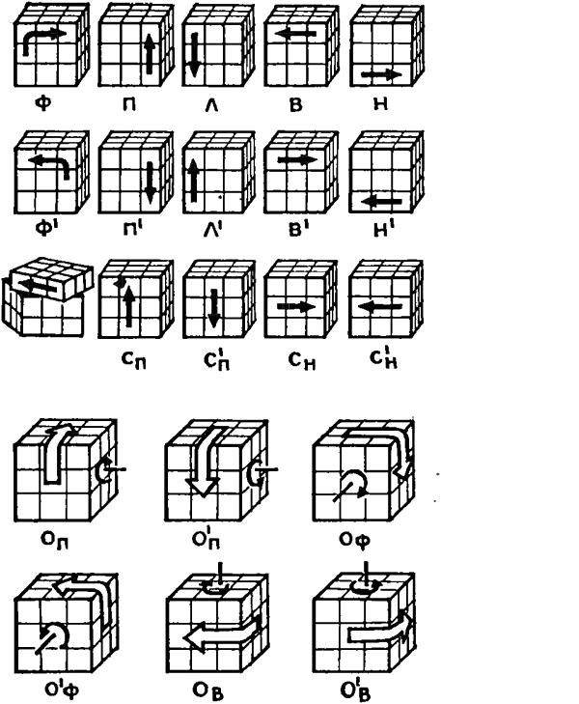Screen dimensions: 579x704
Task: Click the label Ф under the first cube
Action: [x=43, y=103]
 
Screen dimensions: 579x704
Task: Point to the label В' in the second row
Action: [x=298, y=229]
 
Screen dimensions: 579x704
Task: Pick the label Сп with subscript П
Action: [x=134, y=359]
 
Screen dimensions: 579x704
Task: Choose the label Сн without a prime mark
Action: [x=302, y=360]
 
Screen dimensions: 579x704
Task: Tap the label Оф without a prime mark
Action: [x=354, y=540]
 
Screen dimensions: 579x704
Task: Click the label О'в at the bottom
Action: [x=356, y=690]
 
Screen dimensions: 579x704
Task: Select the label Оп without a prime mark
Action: [x=55, y=540]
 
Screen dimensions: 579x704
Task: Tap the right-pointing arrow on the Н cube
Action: [x=381, y=75]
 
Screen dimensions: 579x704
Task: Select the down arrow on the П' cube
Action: [x=151, y=183]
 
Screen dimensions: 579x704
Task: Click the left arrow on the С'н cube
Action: [x=381, y=307]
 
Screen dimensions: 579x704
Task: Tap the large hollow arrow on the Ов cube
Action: [x=223, y=633]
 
